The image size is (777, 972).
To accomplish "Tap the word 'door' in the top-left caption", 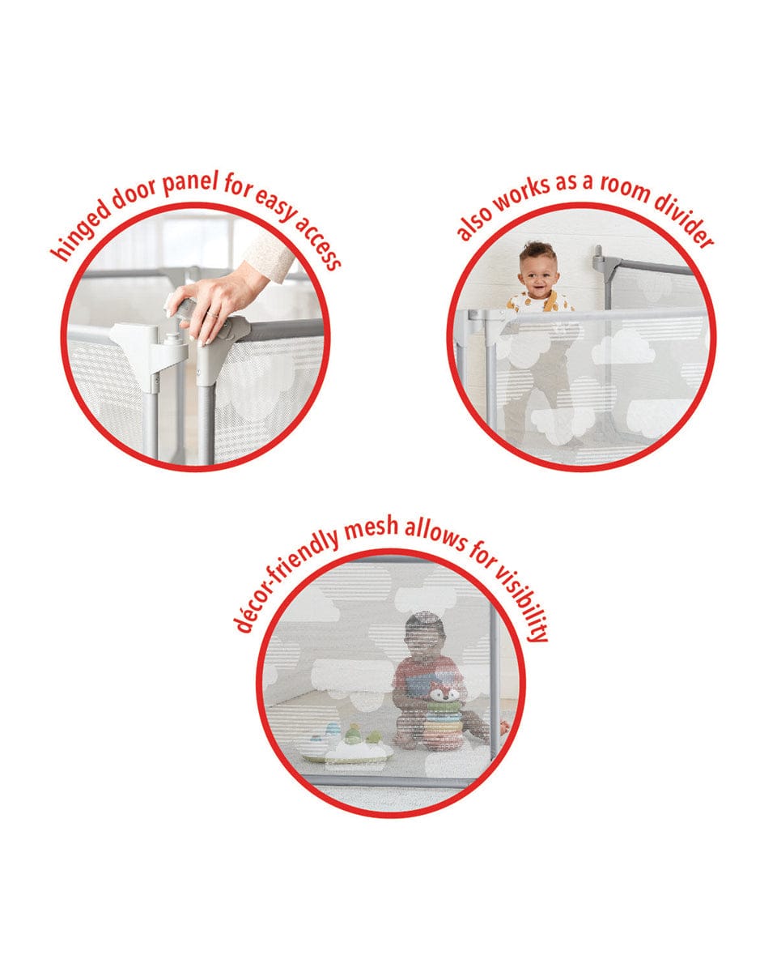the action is [x=134, y=193].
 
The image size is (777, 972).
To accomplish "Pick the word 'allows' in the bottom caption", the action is [x=434, y=534].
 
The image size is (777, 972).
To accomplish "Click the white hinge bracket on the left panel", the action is [x=151, y=347].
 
